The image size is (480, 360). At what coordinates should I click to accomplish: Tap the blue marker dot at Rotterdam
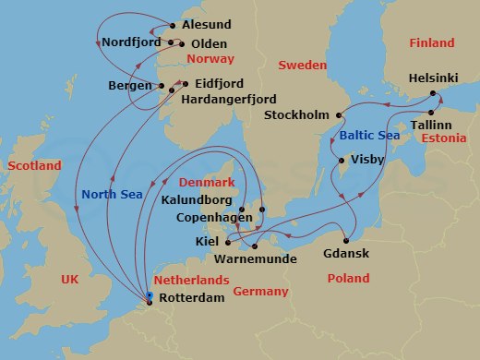150,295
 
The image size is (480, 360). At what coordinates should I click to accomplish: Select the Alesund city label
208,25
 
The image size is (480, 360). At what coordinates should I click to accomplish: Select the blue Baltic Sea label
370,136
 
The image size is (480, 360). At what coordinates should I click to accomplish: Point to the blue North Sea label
111,194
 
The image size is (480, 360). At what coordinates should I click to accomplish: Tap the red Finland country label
431,43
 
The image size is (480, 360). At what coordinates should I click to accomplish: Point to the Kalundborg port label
197,199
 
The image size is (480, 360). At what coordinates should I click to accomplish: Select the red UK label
71,279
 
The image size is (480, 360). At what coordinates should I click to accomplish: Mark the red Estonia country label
440,138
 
